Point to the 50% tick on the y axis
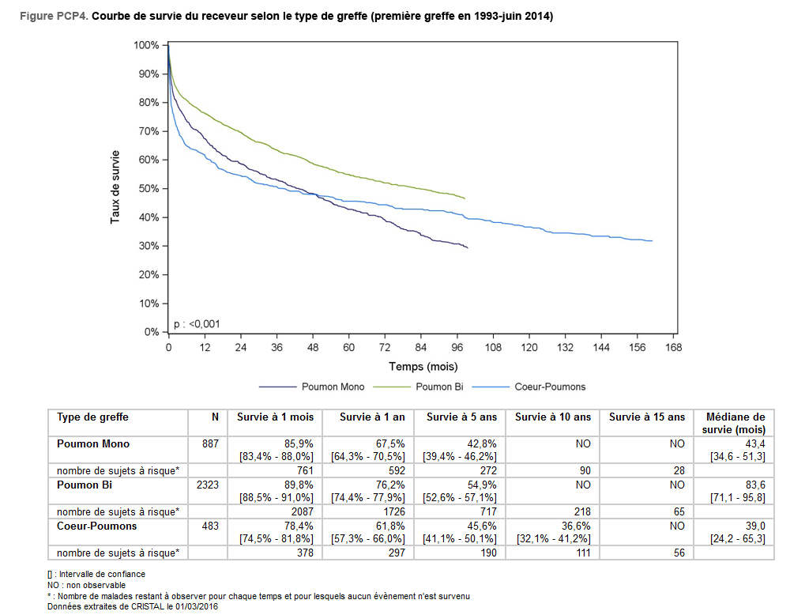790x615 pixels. click(x=165, y=189)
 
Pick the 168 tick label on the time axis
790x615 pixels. click(x=673, y=348)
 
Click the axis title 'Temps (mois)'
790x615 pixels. click(x=423, y=367)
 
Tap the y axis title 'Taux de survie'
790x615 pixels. click(x=115, y=187)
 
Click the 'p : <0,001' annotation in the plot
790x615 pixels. click(x=198, y=324)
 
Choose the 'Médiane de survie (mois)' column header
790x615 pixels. click(x=734, y=423)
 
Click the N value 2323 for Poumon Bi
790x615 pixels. click(x=205, y=484)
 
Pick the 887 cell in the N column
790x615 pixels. click(x=210, y=444)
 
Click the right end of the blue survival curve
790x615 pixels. click(x=652, y=240)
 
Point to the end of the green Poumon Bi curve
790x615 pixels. click(x=465, y=198)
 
